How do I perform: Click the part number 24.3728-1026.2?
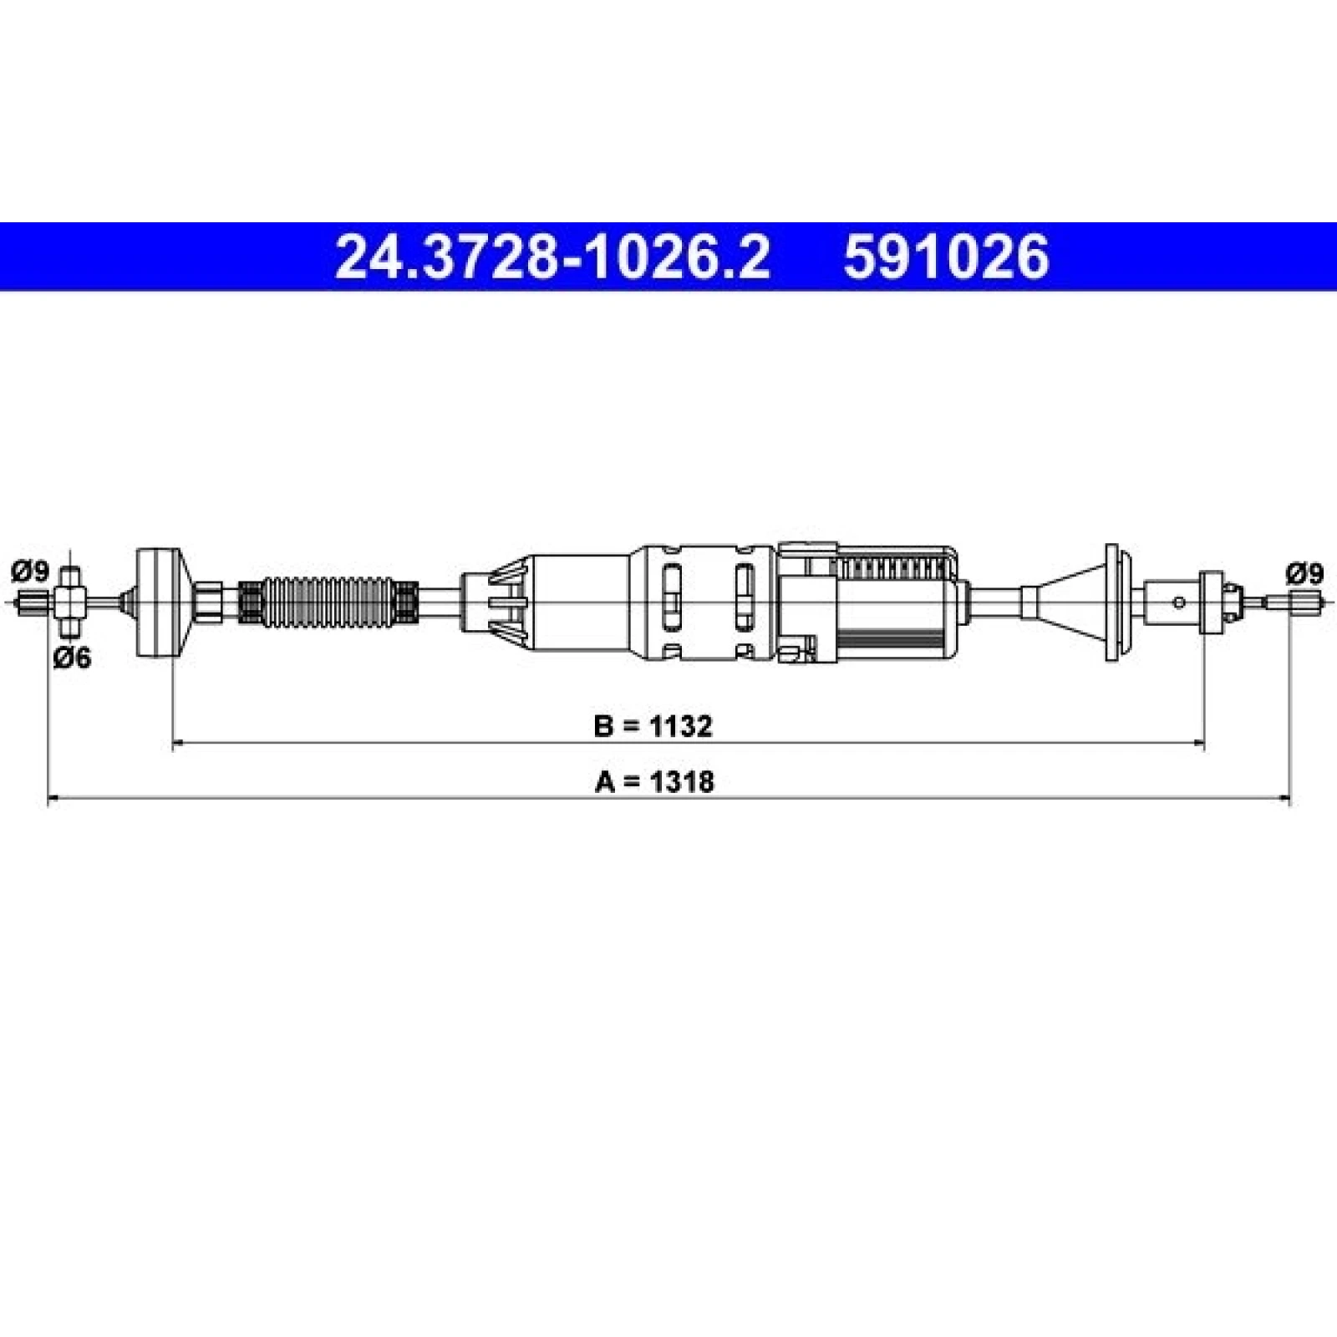point(552,257)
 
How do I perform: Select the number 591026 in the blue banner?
point(945,257)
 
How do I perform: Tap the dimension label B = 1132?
point(653,726)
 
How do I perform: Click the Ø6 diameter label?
point(73,658)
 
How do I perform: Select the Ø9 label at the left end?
point(30,572)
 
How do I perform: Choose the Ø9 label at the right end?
point(1305,574)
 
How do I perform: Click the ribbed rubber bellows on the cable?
point(328,601)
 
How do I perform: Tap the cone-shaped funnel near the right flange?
point(1068,601)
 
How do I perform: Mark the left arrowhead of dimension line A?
point(53,800)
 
